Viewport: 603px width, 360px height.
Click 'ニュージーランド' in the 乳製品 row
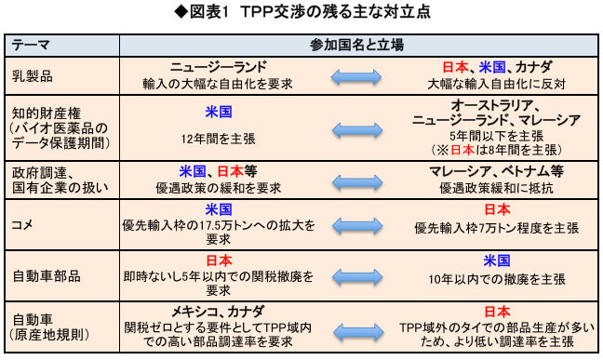coord(220,68)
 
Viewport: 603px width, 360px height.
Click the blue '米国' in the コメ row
coord(219,209)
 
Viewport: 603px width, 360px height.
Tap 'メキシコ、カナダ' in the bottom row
coord(220,310)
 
